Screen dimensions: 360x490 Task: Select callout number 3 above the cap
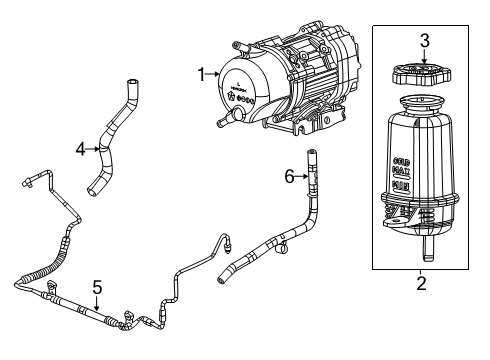pyautogui.click(x=424, y=41)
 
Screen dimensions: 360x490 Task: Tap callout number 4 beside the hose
pyautogui.click(x=80, y=150)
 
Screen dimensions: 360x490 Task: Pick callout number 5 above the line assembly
pyautogui.click(x=97, y=286)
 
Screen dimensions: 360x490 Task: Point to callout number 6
pyautogui.click(x=289, y=176)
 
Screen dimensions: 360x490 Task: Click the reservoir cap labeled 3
pyautogui.click(x=424, y=75)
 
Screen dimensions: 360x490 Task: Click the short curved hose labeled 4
pyautogui.click(x=108, y=145)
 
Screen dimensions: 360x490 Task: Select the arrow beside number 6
pyautogui.click(x=301, y=176)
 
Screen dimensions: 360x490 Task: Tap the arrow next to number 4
pyautogui.click(x=93, y=150)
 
